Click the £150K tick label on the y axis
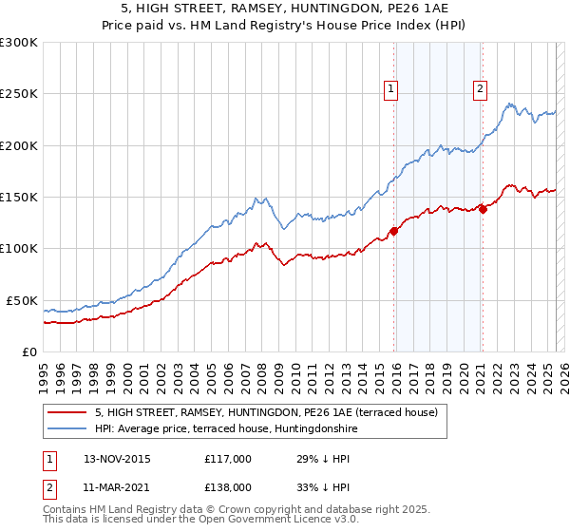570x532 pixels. coord(18,198)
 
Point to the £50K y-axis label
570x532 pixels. coord(21,300)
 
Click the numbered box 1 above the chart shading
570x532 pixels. coord(390,89)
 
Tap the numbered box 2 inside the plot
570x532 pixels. coord(480,89)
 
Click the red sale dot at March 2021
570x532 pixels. coord(483,209)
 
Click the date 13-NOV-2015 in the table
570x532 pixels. coord(117,459)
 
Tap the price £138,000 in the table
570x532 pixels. coord(227,485)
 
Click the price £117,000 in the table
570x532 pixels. coord(227,459)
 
